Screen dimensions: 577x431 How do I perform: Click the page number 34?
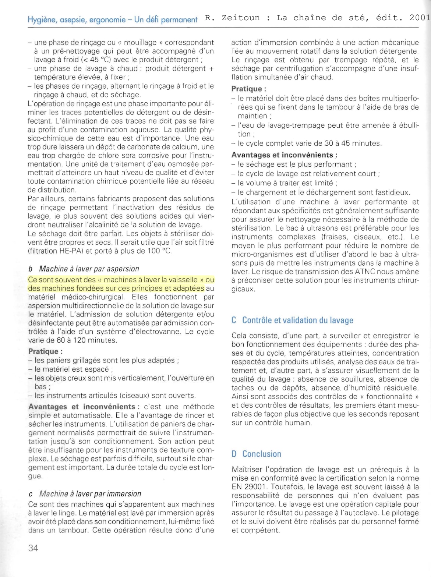[x=33, y=548]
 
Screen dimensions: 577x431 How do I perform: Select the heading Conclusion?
[x=262, y=454]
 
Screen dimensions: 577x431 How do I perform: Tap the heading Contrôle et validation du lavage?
[x=297, y=320]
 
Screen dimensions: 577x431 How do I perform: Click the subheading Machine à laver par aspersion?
[x=89, y=269]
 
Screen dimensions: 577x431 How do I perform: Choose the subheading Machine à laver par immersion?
[x=90, y=493]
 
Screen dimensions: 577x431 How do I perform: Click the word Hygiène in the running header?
[x=40, y=19]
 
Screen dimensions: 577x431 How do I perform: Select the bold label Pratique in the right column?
[x=247, y=89]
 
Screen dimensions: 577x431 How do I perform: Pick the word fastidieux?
[x=391, y=192]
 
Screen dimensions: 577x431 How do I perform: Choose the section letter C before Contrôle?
[x=234, y=320]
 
